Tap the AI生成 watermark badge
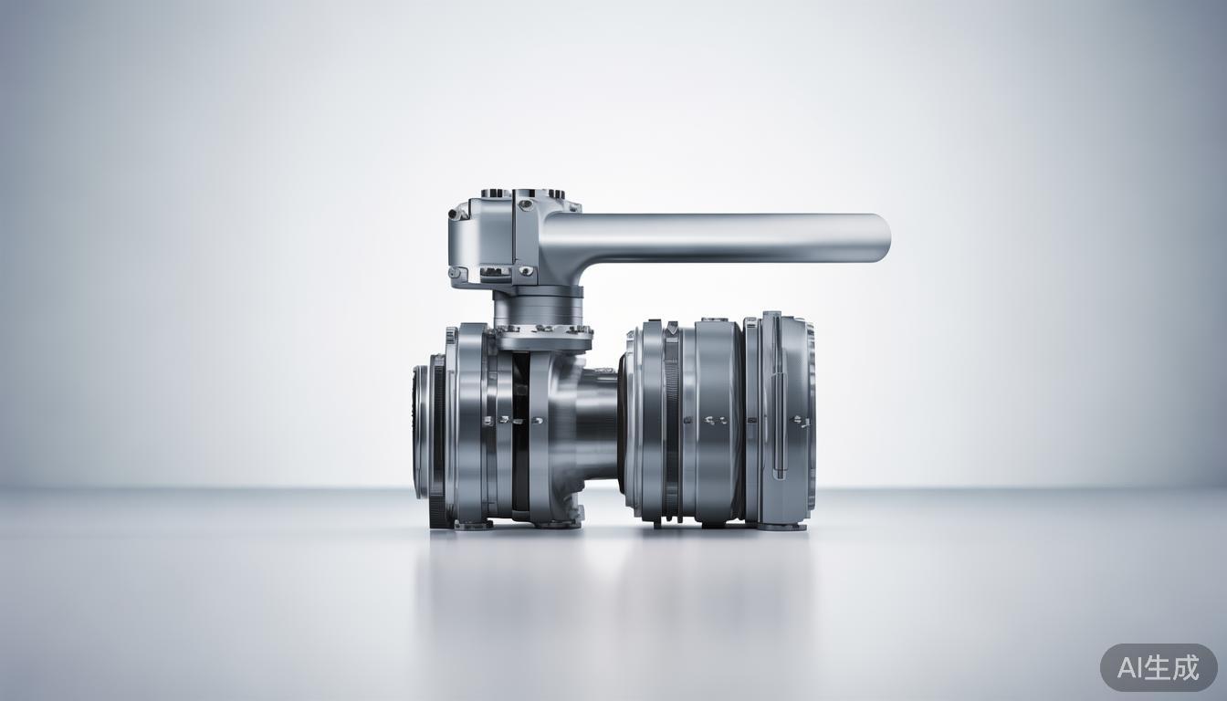[1158, 667]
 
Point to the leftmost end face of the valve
[420, 431]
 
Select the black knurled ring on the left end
[438, 438]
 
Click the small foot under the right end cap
[782, 526]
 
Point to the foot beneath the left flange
[473, 525]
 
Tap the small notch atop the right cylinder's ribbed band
[672, 326]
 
